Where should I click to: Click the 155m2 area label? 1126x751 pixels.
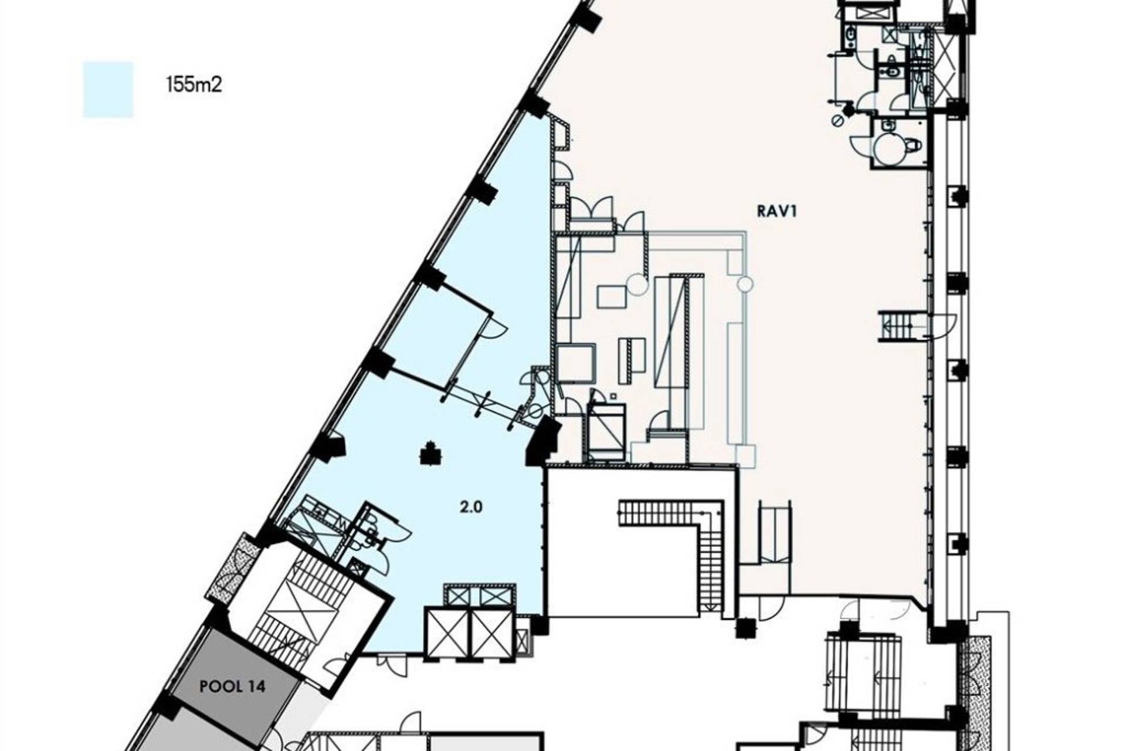pyautogui.click(x=194, y=86)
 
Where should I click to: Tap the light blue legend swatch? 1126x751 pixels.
pyautogui.click(x=108, y=89)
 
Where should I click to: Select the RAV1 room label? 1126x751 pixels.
pyautogui.click(x=777, y=211)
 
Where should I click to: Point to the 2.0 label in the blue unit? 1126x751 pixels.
pyautogui.click(x=471, y=506)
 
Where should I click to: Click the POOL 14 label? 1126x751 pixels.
pyautogui.click(x=233, y=686)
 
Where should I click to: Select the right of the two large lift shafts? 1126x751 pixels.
pyautogui.click(x=492, y=633)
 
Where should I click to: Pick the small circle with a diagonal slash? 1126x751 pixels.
pyautogui.click(x=837, y=120)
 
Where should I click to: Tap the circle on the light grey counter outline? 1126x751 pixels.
pyautogui.click(x=745, y=285)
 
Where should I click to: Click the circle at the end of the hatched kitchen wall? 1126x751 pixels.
pyautogui.click(x=637, y=285)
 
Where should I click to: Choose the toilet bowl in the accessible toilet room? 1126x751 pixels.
pyautogui.click(x=913, y=144)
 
